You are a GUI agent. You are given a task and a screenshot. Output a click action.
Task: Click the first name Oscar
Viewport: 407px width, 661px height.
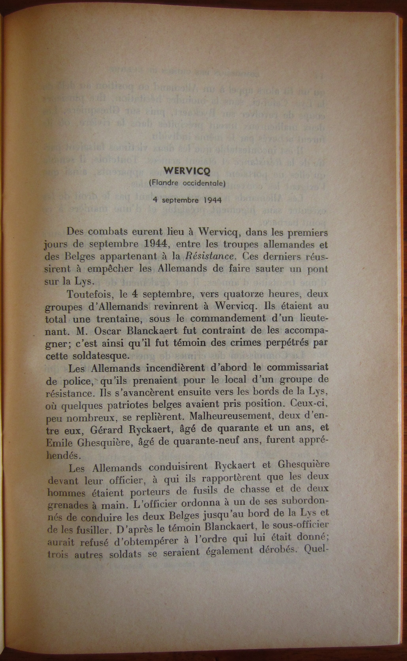click(x=108, y=331)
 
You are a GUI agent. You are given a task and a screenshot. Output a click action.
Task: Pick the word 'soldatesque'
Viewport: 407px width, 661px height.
click(x=99, y=356)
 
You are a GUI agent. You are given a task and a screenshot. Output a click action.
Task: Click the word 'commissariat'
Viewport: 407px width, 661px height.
click(x=293, y=368)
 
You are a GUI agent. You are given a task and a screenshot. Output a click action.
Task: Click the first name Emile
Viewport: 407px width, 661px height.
click(x=60, y=442)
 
